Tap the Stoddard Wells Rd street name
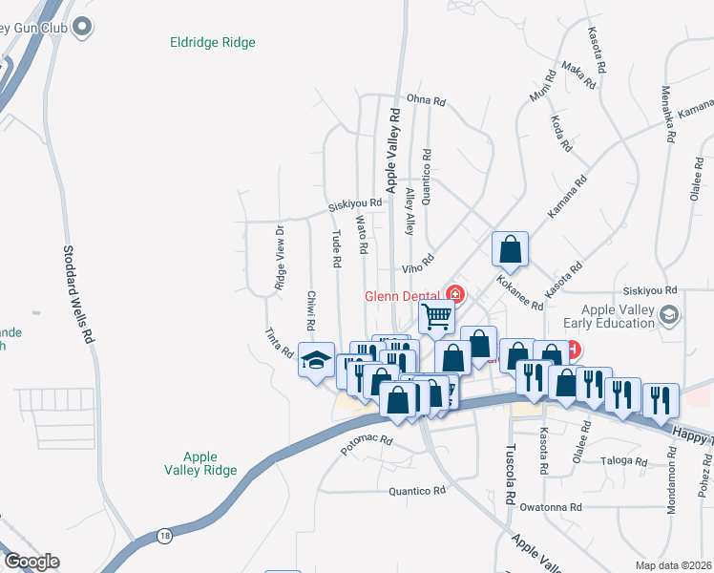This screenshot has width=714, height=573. point(79,295)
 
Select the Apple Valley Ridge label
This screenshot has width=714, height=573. point(200,464)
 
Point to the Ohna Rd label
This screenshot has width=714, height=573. point(426,100)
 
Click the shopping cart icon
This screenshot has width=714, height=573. point(436,315)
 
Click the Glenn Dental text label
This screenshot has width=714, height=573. point(403,296)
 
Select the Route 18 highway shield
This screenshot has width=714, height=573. point(165,536)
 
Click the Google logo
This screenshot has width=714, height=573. point(31,562)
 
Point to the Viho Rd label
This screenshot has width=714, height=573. point(417,263)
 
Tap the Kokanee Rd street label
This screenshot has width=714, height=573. point(520,293)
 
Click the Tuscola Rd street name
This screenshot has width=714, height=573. point(510,475)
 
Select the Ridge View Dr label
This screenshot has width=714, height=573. point(280,258)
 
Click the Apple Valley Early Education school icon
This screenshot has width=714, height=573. point(670,314)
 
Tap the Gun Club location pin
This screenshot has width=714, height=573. point(83,27)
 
